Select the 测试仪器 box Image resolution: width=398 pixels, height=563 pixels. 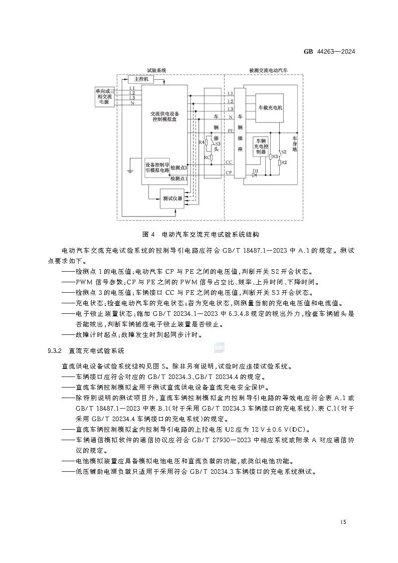(x=172, y=199)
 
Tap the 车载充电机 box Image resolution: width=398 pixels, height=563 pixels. (x=270, y=108)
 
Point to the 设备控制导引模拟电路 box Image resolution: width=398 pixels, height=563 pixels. (x=157, y=167)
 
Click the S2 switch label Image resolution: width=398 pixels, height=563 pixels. (x=283, y=151)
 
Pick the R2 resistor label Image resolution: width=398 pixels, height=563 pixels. (x=284, y=162)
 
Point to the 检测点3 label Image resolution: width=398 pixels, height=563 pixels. (x=179, y=167)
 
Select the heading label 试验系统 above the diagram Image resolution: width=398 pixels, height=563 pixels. (x=156, y=71)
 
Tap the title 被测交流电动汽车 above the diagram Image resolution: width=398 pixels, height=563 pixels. (x=268, y=71)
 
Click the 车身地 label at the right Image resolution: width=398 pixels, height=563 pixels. (x=295, y=143)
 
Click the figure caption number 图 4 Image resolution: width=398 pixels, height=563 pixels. (x=147, y=234)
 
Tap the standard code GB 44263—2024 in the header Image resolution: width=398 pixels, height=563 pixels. (x=329, y=52)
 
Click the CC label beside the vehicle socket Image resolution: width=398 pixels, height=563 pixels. (x=229, y=162)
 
